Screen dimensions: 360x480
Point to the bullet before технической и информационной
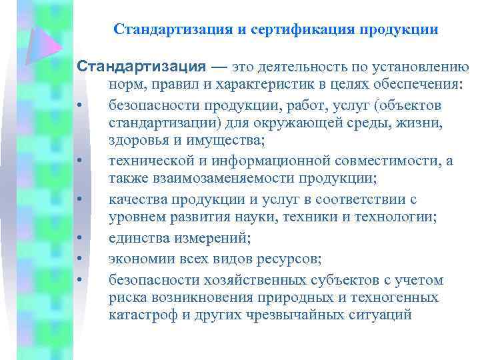[79, 161]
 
